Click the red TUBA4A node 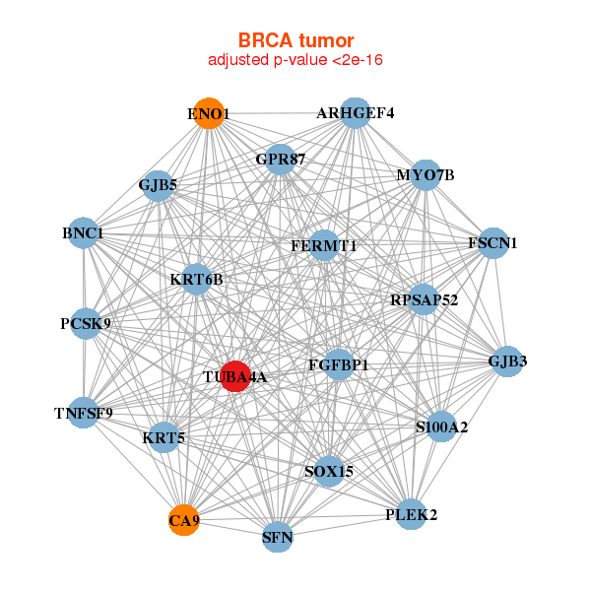[235, 376]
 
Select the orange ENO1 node [209, 113]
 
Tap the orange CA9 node [184, 520]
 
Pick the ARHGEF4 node [355, 113]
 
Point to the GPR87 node [280, 160]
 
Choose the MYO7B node [426, 175]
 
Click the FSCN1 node [493, 243]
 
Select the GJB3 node [507, 361]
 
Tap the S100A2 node [441, 427]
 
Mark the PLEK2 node [411, 514]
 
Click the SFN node [278, 537]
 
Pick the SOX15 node [329, 471]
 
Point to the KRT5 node [164, 437]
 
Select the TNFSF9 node [84, 413]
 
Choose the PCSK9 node [86, 323]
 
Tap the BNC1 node [83, 232]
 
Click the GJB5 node [159, 185]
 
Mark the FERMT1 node [324, 245]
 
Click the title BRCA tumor [295, 40]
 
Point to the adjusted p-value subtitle [295, 60]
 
